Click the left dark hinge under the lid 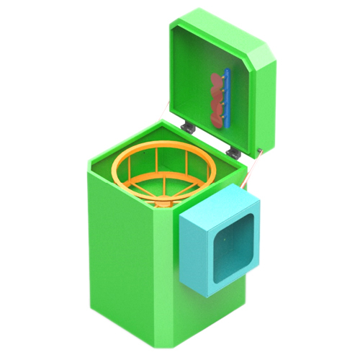189,127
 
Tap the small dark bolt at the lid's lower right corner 259,151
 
